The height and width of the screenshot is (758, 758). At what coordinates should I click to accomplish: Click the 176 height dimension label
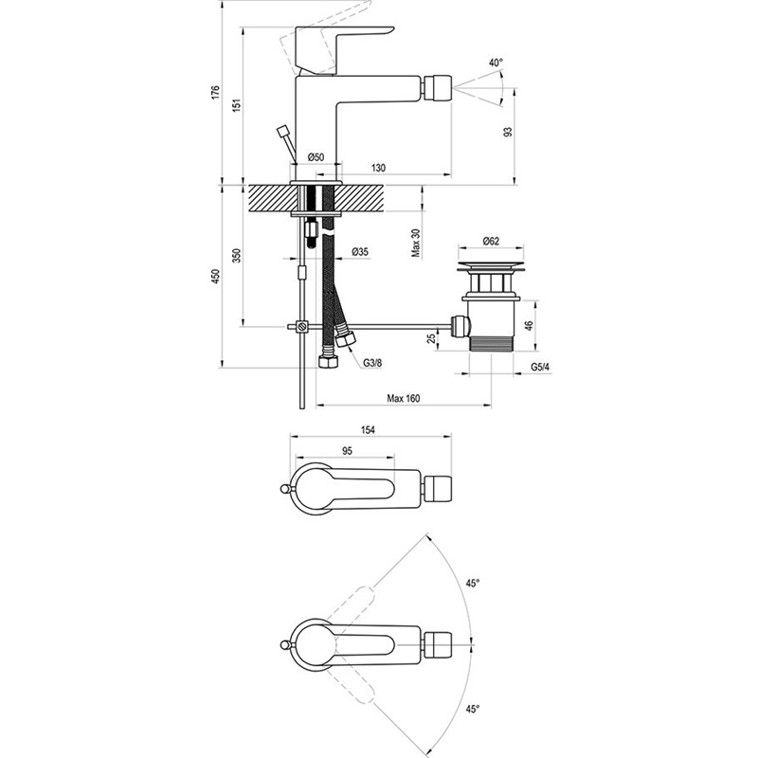pos(216,93)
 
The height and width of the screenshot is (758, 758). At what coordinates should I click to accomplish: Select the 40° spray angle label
pos(495,63)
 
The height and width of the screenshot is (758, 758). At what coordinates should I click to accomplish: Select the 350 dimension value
pos(239,256)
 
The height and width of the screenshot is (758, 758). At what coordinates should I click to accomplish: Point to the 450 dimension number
pos(216,276)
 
